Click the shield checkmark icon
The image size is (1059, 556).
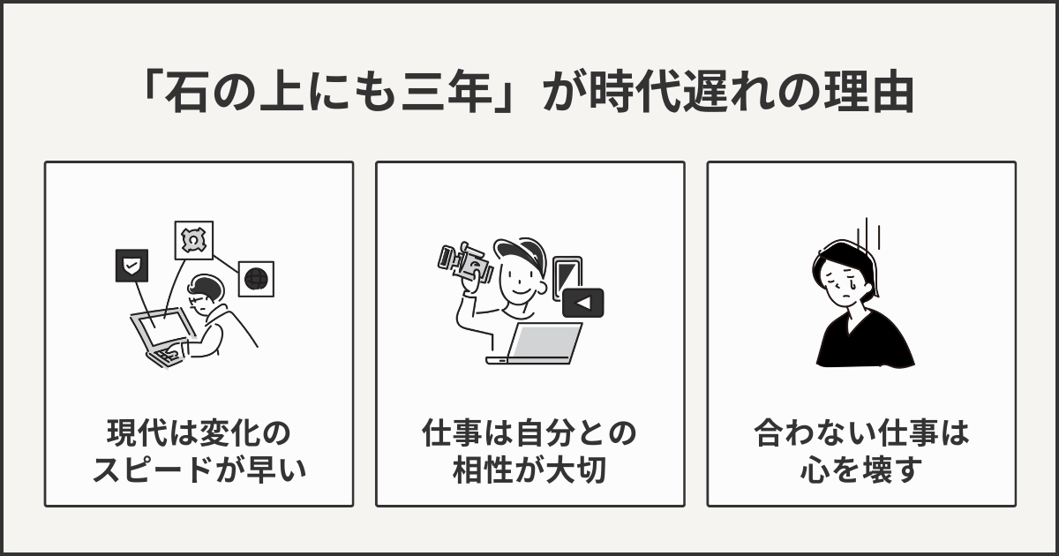click(132, 265)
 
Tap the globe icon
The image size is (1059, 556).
click(256, 279)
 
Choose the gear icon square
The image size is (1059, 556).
click(192, 240)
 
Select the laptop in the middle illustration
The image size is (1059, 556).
click(540, 344)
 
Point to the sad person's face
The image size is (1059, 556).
click(845, 281)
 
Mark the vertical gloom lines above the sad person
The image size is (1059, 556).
click(874, 234)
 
